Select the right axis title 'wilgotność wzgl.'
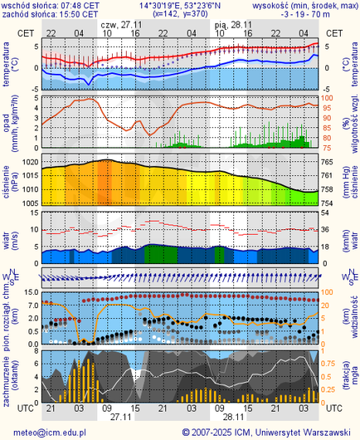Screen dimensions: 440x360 [354, 120]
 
